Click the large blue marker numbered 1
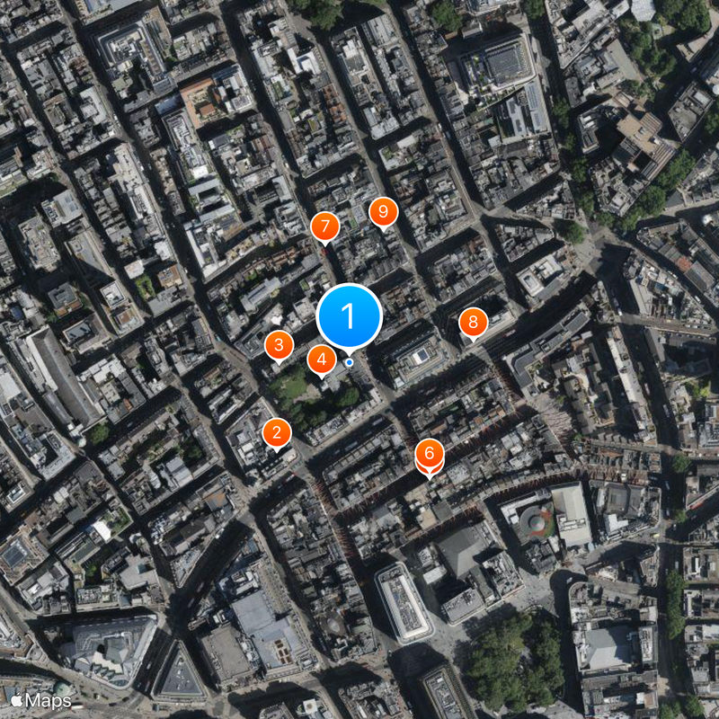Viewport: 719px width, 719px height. click(350, 315)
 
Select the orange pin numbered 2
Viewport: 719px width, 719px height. click(277, 433)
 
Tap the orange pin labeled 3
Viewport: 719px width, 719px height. click(279, 343)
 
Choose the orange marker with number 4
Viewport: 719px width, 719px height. click(321, 359)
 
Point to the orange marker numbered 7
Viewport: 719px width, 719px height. click(324, 226)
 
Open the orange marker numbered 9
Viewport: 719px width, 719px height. click(383, 213)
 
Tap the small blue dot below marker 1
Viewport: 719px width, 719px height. click(349, 362)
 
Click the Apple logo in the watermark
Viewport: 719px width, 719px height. click(15, 699)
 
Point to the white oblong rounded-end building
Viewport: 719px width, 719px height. click(404, 602)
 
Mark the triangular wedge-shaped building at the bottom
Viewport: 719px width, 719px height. click(178, 670)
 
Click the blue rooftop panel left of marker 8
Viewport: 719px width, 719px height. click(420, 356)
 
